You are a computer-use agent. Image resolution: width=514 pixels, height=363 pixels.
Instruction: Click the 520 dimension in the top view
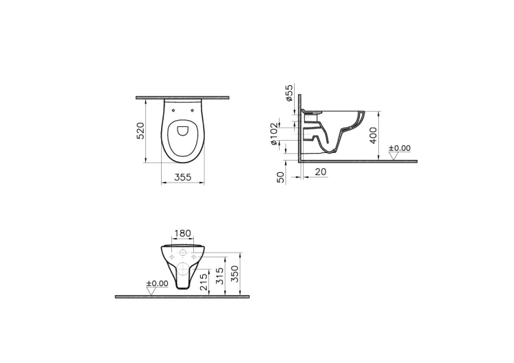[x=140, y=130]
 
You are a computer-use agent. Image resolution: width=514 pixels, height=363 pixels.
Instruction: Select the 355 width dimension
[x=182, y=177]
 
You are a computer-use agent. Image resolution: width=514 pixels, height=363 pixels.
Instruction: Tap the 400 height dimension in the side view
[x=374, y=135]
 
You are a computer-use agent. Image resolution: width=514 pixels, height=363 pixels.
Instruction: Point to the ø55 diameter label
[x=289, y=93]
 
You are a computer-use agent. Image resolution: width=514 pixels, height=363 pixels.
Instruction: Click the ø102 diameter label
[x=274, y=134]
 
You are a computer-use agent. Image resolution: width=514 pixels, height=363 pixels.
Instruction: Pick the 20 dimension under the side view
[x=321, y=172]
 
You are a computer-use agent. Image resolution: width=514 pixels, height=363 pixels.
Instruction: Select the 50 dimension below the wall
[x=281, y=178]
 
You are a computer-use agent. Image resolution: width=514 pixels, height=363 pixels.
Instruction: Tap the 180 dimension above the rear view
[x=182, y=233]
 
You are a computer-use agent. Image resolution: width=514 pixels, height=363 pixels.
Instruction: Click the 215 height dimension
[x=204, y=282]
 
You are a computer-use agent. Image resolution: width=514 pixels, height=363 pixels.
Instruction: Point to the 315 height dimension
[x=220, y=276]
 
